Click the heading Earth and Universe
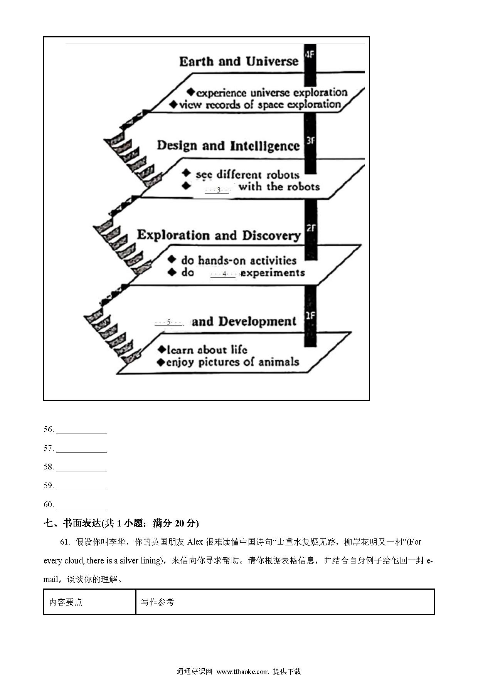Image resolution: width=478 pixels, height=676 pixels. [x=239, y=61]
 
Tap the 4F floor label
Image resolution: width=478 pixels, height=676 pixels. [x=310, y=54]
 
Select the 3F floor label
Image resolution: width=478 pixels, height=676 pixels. [x=310, y=141]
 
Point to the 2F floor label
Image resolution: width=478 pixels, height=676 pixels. [x=311, y=228]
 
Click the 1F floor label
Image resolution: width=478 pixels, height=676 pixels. [x=310, y=316]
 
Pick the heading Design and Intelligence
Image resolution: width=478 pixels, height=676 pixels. [x=228, y=146]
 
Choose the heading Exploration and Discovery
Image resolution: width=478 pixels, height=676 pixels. [x=219, y=235]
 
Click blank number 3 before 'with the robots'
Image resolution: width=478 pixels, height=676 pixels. [x=217, y=190]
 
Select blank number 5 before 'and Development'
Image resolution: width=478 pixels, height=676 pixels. [x=168, y=322]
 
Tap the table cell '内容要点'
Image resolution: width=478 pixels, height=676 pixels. [x=66, y=602]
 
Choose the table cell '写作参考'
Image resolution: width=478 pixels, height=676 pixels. [x=158, y=602]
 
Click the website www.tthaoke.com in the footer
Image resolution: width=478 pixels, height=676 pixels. [x=242, y=671]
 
